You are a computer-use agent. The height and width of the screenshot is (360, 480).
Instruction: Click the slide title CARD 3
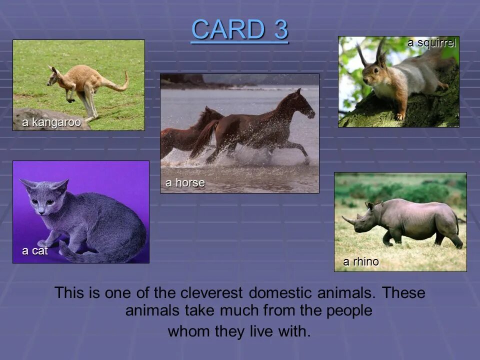point(239,29)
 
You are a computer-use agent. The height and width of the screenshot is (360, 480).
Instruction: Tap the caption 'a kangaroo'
point(51,123)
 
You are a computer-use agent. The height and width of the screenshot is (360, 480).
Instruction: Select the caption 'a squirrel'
point(431,43)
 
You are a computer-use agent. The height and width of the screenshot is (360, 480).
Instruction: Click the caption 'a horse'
point(185,183)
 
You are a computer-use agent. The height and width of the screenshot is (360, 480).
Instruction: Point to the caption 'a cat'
point(35,251)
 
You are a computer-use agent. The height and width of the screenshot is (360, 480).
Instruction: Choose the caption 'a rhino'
point(360,261)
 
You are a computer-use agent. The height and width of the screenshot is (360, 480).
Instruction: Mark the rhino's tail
point(457,223)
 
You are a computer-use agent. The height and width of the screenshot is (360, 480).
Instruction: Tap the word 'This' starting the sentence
point(70,292)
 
